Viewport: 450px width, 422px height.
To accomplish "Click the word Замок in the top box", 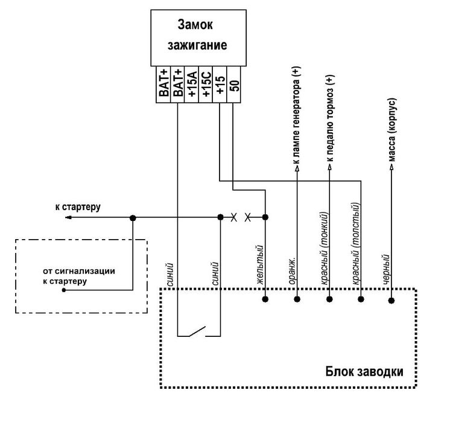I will [196, 25].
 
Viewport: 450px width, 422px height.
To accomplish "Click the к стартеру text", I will [78, 207].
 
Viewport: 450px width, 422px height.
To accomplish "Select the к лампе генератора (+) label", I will [296, 118].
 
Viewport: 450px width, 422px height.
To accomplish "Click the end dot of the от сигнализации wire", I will [64, 290].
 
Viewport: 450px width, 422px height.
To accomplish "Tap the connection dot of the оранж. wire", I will [297, 299].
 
